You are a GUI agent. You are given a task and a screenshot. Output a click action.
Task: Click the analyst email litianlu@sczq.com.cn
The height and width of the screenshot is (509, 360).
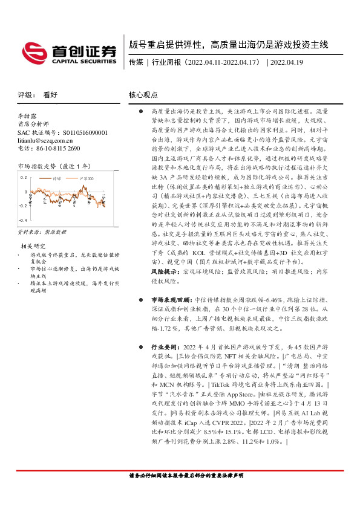click(x=44, y=140)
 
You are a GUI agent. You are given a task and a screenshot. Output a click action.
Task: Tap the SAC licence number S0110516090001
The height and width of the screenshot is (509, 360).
click(x=81, y=132)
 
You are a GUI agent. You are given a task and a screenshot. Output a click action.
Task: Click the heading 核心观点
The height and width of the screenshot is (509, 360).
click(x=143, y=95)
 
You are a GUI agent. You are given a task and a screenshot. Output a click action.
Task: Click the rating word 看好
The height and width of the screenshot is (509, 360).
click(x=50, y=95)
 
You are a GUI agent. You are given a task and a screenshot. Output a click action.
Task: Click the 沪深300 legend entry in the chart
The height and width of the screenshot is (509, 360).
click(x=88, y=180)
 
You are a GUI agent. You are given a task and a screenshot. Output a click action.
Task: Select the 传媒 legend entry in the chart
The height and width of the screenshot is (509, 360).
click(x=57, y=180)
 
